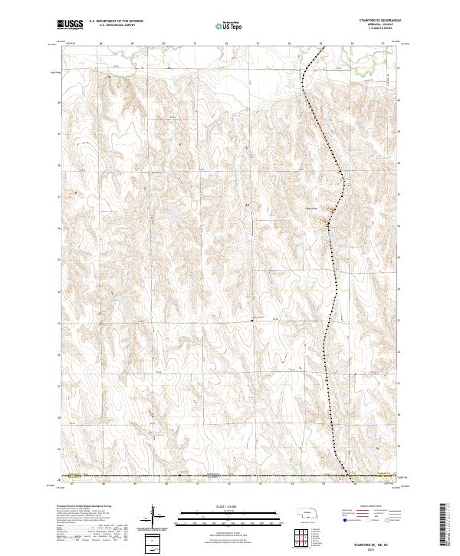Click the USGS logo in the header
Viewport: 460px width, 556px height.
pos(71,25)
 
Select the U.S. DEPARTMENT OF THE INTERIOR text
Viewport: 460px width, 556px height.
pos(116,21)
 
